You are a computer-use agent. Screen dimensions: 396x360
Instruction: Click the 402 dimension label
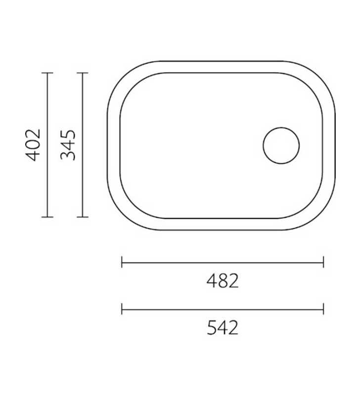point(33,145)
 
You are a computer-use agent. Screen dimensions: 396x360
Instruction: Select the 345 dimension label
point(68,145)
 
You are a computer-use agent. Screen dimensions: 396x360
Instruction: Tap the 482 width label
point(223,281)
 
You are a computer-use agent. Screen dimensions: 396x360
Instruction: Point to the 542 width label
point(223,328)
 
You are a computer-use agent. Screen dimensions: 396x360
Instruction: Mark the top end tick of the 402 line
point(47,73)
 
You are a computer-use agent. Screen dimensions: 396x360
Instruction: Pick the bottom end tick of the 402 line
point(47,217)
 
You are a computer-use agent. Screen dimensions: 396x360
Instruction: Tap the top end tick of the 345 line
point(82,73)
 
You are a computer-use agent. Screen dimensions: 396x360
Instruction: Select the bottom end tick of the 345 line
point(82,217)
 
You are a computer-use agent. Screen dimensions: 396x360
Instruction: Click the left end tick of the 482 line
point(122,262)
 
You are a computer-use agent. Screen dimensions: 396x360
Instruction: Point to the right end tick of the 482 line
point(323,262)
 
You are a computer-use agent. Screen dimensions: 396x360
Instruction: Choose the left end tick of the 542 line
point(122,309)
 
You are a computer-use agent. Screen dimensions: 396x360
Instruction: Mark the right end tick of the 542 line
point(323,309)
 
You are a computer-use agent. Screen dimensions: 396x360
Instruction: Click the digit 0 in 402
point(33,145)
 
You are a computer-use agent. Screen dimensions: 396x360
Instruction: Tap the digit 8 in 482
point(223,281)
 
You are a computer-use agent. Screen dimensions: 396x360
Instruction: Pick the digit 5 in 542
point(212,328)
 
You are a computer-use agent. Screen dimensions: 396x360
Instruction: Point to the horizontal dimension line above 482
point(223,262)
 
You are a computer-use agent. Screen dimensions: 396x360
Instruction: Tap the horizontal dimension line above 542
point(223,309)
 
